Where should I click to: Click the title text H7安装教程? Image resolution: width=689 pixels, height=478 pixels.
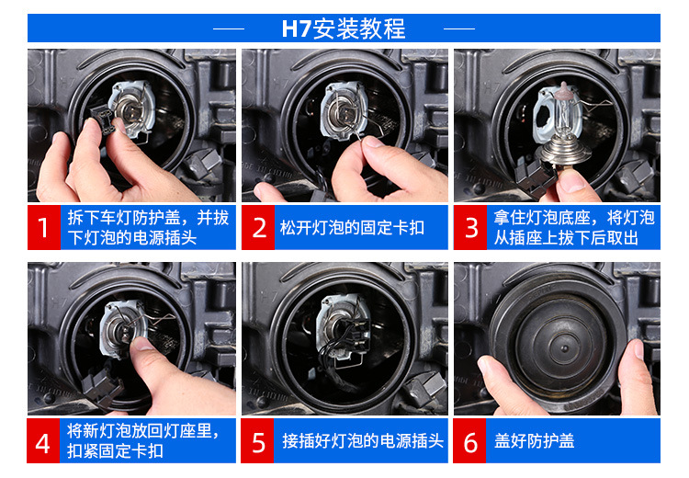tap(344, 28)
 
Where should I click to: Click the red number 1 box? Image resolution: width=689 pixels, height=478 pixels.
tap(44, 227)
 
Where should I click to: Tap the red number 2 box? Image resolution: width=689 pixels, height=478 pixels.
tap(258, 227)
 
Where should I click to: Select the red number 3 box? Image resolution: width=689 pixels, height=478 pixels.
tap(470, 227)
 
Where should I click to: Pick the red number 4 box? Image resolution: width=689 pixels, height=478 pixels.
tap(43, 440)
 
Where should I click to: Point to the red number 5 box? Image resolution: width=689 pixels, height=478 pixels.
tap(257, 440)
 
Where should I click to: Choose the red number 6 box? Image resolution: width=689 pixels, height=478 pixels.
tap(469, 440)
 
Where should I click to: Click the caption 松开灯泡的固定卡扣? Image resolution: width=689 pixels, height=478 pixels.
tap(352, 228)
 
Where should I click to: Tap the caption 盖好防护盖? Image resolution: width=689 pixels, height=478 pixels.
tap(534, 441)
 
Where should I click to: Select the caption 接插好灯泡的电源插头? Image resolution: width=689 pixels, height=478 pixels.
tap(363, 441)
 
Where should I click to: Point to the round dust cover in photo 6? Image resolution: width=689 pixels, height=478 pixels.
tap(558, 338)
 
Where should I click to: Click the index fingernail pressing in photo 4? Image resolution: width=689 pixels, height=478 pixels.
tap(141, 343)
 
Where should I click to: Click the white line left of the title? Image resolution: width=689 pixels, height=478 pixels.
tap(229, 29)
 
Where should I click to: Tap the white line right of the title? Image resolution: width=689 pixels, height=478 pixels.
tap(459, 29)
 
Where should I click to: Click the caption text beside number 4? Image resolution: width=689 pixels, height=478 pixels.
tap(142, 441)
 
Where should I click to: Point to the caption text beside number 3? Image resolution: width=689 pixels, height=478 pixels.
tap(574, 228)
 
